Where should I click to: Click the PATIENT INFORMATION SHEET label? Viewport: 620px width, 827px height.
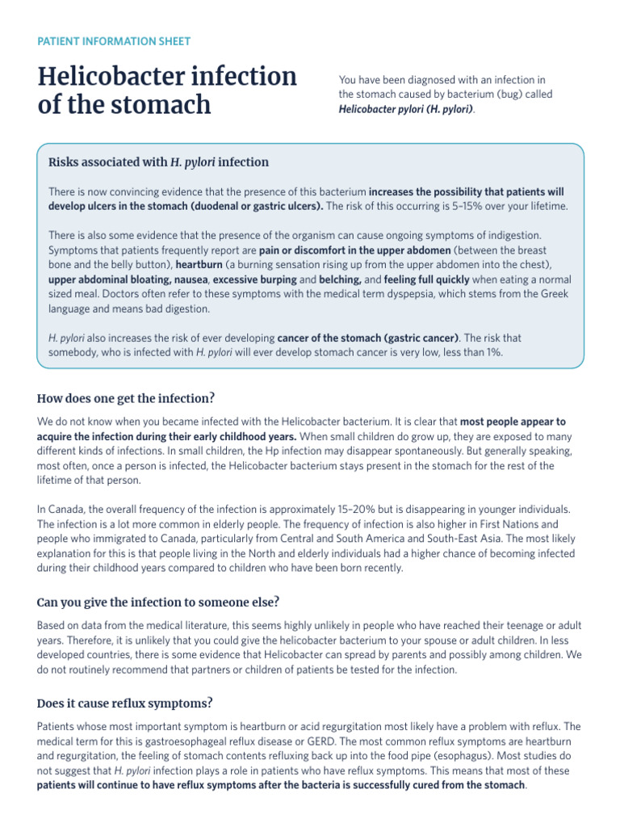pos(114,41)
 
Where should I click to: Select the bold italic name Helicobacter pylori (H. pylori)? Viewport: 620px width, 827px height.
pos(406,108)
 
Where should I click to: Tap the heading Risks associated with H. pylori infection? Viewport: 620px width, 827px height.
pos(159,162)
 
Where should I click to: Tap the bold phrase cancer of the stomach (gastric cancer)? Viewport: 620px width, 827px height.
pos(368,337)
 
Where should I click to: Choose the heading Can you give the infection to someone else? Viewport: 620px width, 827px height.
pos(157,602)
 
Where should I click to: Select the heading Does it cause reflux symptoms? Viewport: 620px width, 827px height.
pos(125,703)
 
